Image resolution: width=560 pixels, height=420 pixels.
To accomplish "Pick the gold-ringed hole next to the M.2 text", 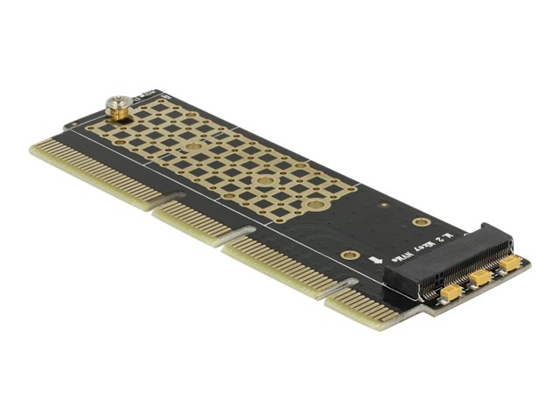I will pyautogui.click(x=420, y=222).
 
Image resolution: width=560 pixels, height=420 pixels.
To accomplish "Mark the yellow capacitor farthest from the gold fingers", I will pyautogui.click(x=508, y=264).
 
